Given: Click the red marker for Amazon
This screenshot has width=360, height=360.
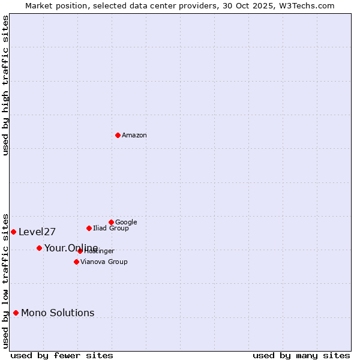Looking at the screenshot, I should [x=118, y=135].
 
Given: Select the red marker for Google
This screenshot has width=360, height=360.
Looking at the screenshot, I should [x=111, y=222].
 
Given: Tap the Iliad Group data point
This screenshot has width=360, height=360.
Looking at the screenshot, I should [x=89, y=228].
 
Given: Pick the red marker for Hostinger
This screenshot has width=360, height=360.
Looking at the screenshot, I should [x=80, y=251].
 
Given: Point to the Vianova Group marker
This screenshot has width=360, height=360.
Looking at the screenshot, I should [x=76, y=262].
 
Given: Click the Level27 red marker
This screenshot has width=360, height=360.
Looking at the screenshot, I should [x=13, y=232].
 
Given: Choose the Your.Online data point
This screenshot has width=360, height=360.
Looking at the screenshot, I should [x=39, y=248].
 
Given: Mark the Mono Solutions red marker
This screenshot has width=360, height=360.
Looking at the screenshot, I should [x=16, y=313].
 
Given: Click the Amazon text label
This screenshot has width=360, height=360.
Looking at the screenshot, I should [x=134, y=136].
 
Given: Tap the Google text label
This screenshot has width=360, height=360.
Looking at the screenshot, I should [x=126, y=223].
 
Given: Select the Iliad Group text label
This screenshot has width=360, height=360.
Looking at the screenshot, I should [x=111, y=229].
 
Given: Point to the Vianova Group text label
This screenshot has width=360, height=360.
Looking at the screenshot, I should [x=104, y=262].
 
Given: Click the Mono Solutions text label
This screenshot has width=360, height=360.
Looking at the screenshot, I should [x=58, y=313].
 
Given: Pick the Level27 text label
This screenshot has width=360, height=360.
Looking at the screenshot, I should [x=37, y=232].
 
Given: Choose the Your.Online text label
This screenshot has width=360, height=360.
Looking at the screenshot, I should [x=71, y=248].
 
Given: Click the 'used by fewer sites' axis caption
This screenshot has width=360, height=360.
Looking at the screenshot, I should [x=62, y=355].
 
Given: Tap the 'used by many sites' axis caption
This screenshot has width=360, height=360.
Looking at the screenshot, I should [x=301, y=355].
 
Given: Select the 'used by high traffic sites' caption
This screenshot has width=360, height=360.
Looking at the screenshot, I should [x=5, y=85].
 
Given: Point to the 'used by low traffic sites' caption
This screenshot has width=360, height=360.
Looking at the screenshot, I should [x=5, y=281].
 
